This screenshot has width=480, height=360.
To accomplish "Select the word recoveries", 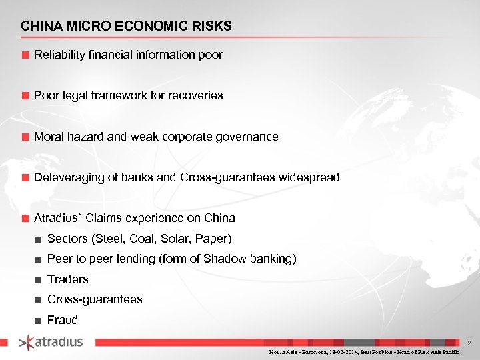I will (x=197, y=95).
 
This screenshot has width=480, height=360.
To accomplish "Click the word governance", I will (x=247, y=137).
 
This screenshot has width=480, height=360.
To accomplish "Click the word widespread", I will (x=309, y=178).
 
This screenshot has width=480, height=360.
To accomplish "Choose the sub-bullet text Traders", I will (x=67, y=279).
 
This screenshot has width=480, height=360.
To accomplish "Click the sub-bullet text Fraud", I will (x=62, y=320).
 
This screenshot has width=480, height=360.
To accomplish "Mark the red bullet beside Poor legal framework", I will (x=25, y=96).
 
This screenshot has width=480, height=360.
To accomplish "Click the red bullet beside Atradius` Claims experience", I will (x=25, y=219).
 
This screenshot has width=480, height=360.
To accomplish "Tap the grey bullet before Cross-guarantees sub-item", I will (x=39, y=300).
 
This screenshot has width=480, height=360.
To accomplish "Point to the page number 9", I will (x=469, y=343).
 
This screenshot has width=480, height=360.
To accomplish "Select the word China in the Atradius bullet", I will (x=219, y=218).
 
